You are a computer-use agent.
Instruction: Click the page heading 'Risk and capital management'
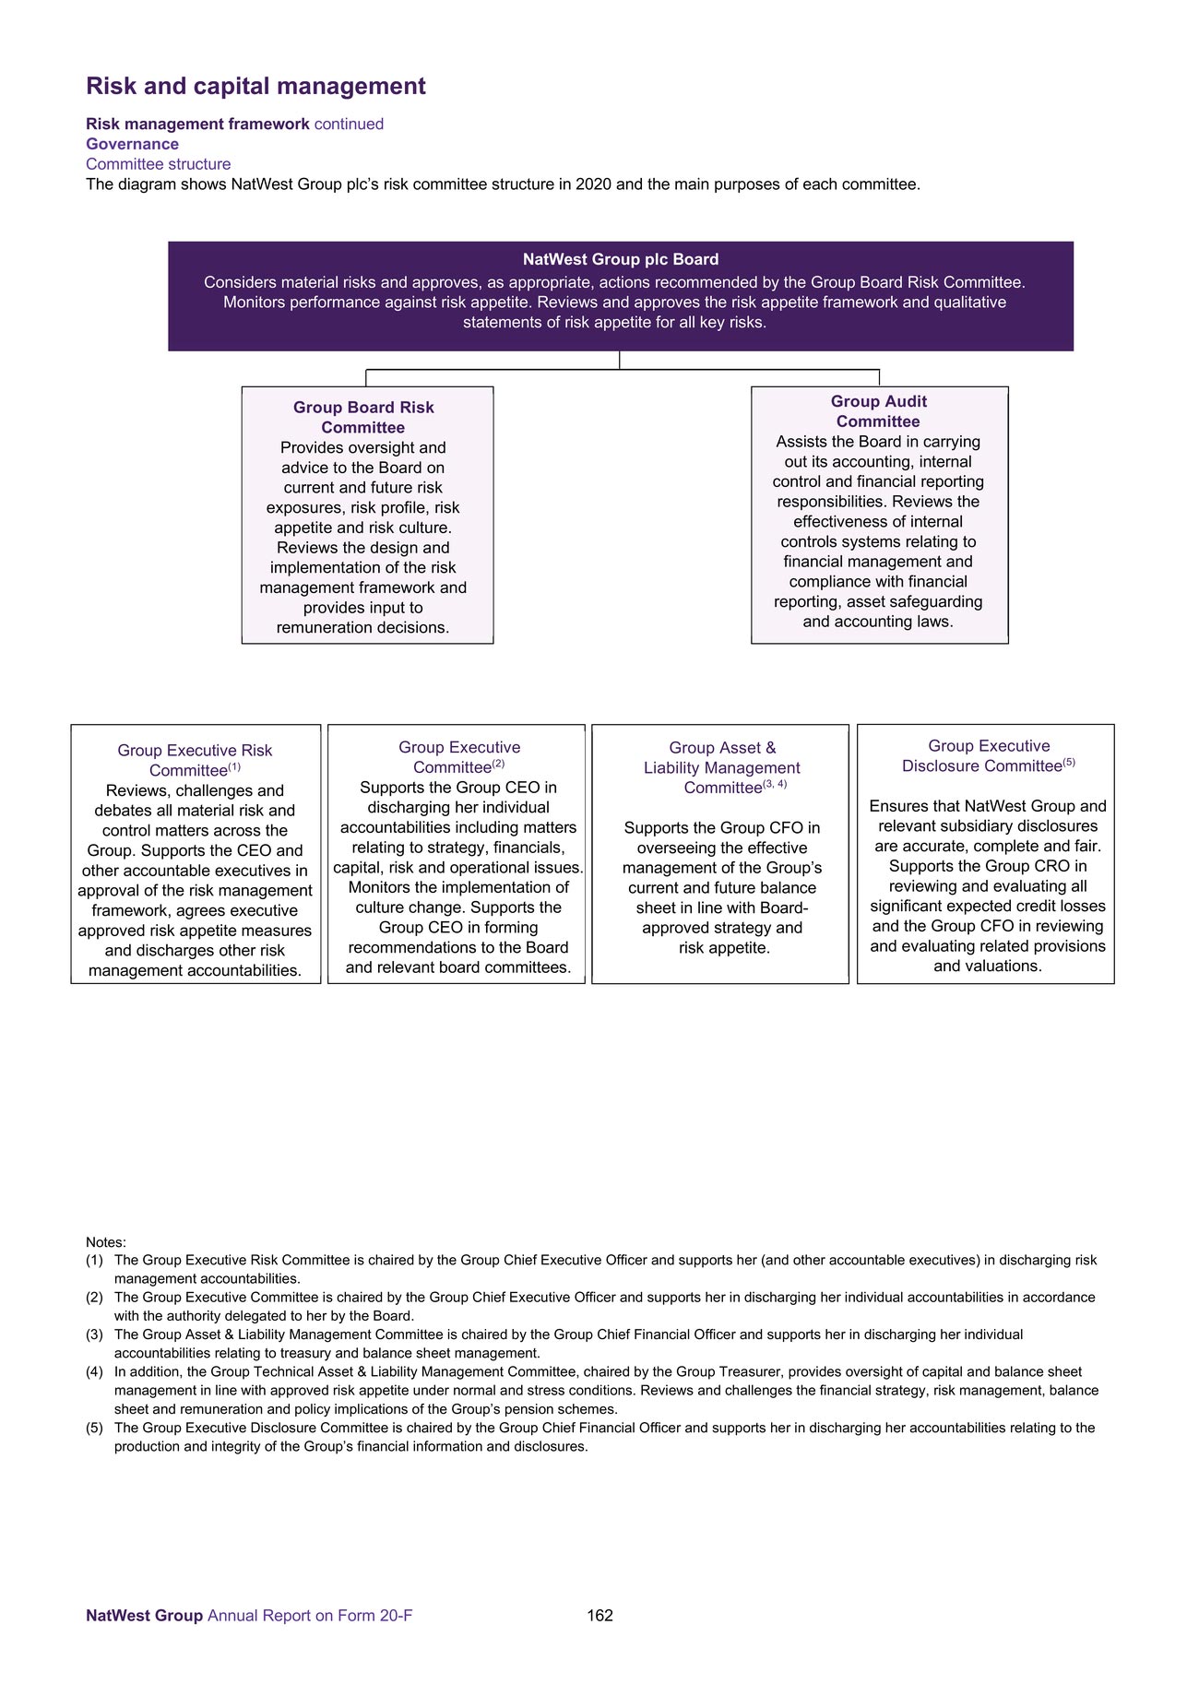point(255,86)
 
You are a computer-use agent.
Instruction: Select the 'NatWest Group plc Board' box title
point(620,260)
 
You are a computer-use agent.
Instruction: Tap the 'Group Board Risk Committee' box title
point(363,417)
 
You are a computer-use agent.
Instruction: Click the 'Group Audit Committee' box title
point(878,411)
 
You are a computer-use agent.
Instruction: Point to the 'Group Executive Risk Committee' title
point(195,760)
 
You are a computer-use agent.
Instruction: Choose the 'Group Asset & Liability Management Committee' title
point(721,767)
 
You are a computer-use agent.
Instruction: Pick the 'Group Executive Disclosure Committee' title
point(988,756)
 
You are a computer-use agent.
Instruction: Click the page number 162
point(599,1615)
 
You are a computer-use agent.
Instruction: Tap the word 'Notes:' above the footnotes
point(106,1242)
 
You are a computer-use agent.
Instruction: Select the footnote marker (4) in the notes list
point(94,1371)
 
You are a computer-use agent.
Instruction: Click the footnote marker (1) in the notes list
point(94,1260)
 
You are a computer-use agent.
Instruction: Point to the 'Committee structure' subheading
point(158,164)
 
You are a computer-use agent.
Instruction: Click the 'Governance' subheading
point(132,144)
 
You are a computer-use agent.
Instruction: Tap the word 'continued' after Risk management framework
point(349,124)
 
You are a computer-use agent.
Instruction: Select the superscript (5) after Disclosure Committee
point(1069,763)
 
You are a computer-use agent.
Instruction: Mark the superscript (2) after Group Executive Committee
point(498,765)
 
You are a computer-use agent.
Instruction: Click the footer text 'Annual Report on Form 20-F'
point(310,1615)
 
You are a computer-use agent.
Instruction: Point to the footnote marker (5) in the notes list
point(94,1428)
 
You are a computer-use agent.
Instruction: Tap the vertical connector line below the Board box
point(619,361)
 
